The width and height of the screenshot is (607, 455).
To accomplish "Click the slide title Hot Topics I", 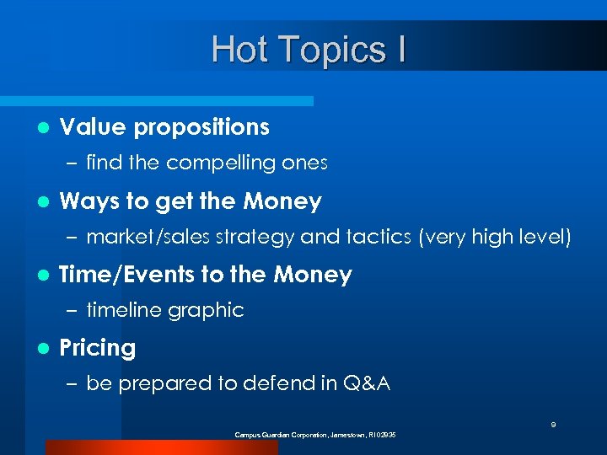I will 309,50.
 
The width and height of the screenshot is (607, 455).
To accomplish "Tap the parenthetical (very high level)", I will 495,238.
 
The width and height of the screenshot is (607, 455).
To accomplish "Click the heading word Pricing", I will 98,348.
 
